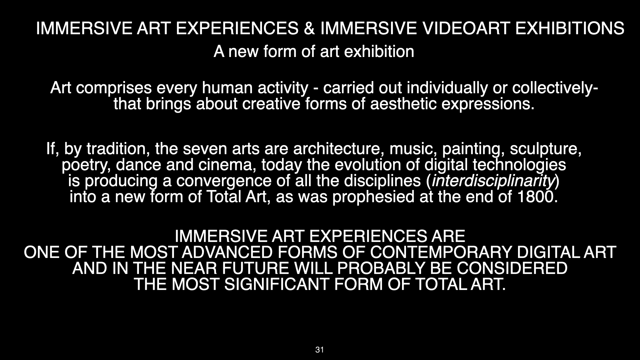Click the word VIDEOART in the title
(465, 28)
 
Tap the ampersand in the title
(309, 28)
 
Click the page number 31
(319, 350)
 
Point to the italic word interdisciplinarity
(493, 181)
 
